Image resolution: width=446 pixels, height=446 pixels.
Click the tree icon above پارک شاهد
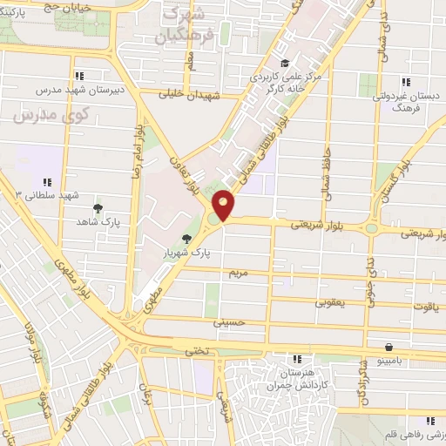(x=99, y=209)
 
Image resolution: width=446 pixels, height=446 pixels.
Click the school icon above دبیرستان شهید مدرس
(x=82, y=76)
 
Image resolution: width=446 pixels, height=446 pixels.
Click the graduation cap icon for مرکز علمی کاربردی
(x=285, y=63)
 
